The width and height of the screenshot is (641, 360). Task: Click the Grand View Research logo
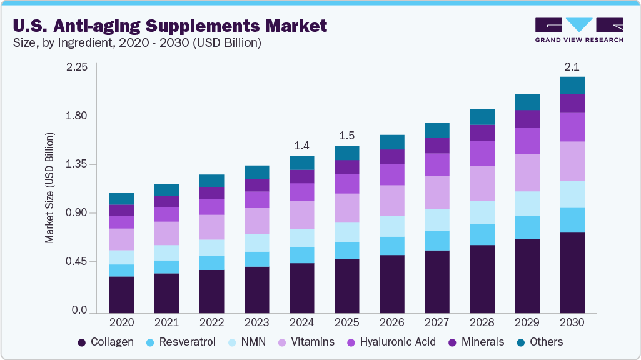click(578, 29)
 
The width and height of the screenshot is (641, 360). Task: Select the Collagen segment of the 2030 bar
click(572, 272)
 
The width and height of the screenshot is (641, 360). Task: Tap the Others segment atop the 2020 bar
click(121, 199)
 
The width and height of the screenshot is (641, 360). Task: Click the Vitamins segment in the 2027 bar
click(437, 192)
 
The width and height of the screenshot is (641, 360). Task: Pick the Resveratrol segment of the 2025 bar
click(347, 251)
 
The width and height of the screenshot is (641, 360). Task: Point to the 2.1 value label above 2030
click(572, 66)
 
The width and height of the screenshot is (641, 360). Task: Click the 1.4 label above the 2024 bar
click(302, 146)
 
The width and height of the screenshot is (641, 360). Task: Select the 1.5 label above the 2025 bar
click(347, 136)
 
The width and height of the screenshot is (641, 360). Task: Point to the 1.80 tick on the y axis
click(78, 116)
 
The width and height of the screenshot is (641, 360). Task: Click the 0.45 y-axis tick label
click(78, 261)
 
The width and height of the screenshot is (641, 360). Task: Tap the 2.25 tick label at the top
click(78, 67)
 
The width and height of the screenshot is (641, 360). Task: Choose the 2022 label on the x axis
click(211, 323)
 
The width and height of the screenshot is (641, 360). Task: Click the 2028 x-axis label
click(482, 323)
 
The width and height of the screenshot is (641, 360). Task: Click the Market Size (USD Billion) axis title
click(49, 188)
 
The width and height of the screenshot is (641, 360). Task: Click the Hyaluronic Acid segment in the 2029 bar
click(527, 141)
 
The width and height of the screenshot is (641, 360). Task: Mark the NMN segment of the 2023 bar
click(256, 243)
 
